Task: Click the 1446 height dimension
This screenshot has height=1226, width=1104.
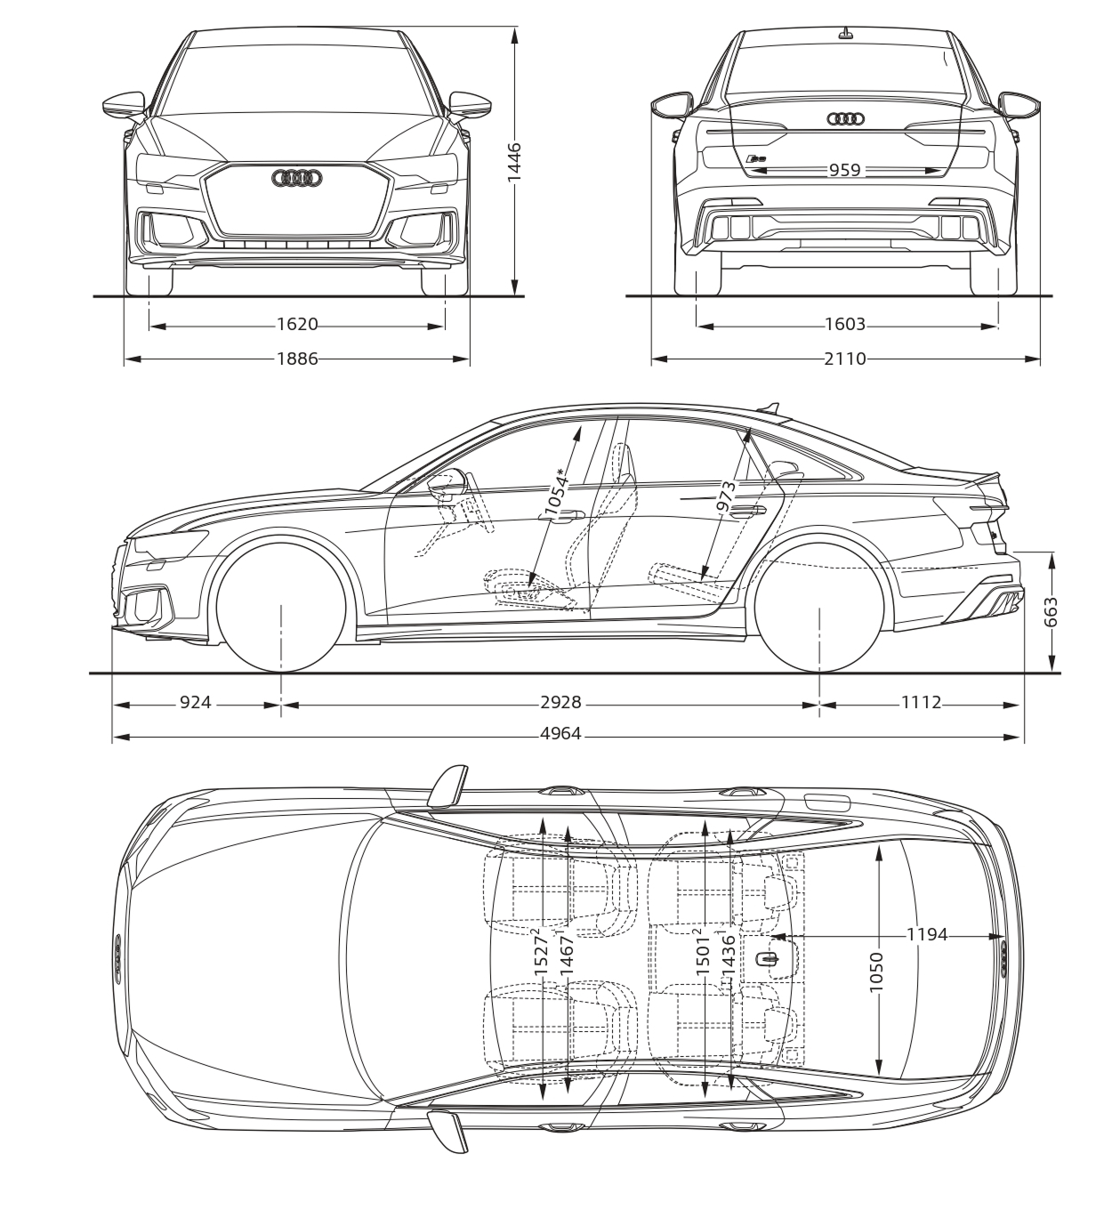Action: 514,162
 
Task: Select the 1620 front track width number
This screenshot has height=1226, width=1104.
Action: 297,325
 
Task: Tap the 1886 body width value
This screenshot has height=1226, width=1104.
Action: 297,359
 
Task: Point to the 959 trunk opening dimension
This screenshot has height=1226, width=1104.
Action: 844,169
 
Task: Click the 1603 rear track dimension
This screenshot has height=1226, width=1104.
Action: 844,325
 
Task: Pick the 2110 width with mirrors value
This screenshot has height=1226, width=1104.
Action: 844,359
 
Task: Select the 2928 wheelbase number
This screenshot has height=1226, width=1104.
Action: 560,703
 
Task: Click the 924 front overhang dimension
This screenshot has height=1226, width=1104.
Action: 196,703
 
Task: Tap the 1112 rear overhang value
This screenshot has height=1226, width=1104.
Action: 921,703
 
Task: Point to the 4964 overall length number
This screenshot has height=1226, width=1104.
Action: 560,734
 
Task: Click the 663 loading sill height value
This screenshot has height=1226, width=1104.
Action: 1051,612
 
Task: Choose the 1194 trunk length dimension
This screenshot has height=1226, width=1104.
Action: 927,934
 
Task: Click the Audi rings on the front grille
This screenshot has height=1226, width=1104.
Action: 296,179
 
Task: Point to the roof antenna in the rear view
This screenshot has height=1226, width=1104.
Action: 844,34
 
